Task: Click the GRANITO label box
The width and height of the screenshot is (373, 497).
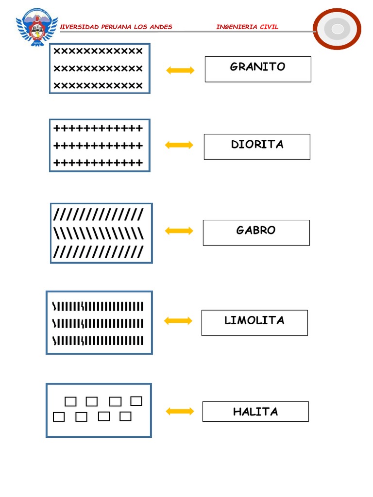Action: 257,69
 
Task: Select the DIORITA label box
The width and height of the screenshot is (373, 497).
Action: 256,147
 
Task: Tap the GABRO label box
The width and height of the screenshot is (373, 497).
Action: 256,232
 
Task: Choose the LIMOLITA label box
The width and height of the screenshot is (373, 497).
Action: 254,323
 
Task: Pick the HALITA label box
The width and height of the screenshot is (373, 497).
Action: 255,412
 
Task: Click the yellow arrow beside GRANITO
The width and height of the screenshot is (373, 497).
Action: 180,70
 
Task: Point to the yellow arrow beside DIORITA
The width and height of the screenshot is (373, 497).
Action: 179,145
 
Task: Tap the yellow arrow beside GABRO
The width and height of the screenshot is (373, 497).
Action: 179,231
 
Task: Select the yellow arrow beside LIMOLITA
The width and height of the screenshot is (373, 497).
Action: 178,321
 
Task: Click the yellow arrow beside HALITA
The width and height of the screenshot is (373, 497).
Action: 180,412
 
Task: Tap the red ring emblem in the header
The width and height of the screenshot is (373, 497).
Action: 337,29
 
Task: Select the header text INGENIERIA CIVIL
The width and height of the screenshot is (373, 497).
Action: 247,27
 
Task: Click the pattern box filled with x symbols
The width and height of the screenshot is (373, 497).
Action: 100,68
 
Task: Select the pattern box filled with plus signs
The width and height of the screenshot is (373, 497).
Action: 100,145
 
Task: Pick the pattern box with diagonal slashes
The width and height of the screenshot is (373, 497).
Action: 101,233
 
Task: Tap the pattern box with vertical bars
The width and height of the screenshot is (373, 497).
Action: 99,322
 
